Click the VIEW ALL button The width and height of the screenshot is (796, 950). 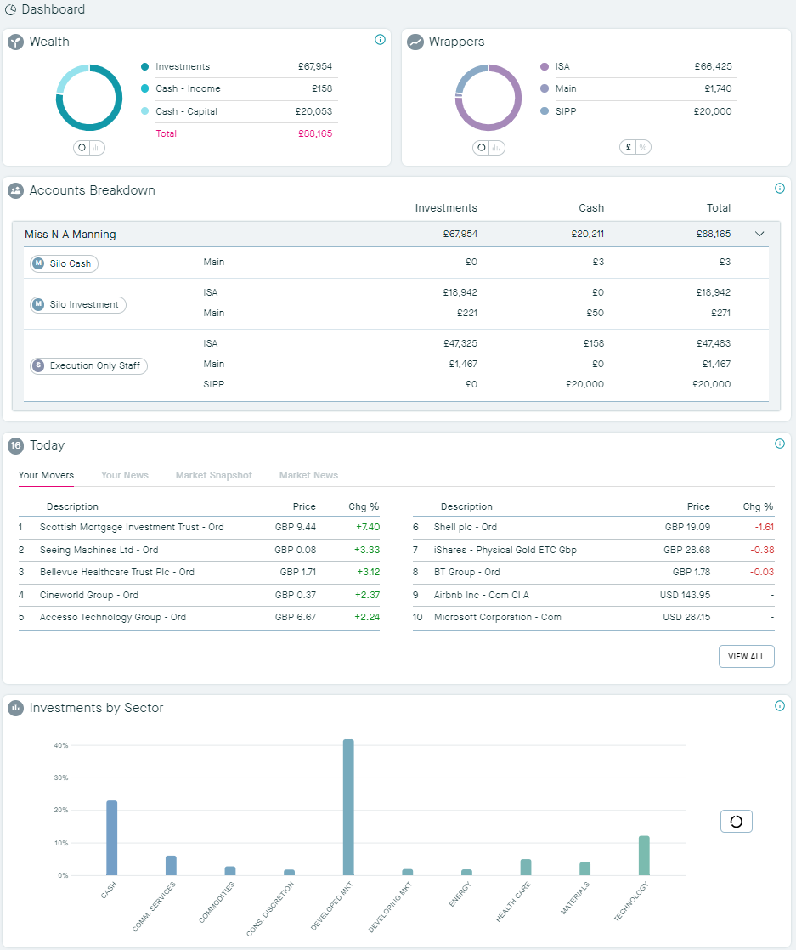[x=746, y=657]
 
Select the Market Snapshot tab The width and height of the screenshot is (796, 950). [x=213, y=475]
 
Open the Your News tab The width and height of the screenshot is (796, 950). [x=124, y=475]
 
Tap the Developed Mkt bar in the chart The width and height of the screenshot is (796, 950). [x=348, y=807]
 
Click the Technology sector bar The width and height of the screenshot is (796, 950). [x=644, y=856]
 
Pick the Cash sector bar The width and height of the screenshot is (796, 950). [x=111, y=838]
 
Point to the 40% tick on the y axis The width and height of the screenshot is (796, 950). [x=61, y=745]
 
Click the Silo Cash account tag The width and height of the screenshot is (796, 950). [x=65, y=263]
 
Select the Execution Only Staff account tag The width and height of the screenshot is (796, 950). [x=88, y=366]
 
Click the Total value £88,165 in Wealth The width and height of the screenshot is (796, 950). [x=314, y=133]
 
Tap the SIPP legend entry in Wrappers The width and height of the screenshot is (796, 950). [x=565, y=111]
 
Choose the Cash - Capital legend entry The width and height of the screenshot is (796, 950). [x=186, y=111]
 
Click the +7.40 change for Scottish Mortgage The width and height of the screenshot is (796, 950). [x=366, y=527]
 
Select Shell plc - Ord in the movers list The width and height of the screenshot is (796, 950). [x=465, y=527]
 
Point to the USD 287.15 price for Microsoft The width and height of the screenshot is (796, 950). [x=686, y=617]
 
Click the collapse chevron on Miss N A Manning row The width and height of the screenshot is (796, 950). [x=759, y=235]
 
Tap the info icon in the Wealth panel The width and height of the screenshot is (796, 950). [x=380, y=40]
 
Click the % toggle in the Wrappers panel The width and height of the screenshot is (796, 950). [x=643, y=147]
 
